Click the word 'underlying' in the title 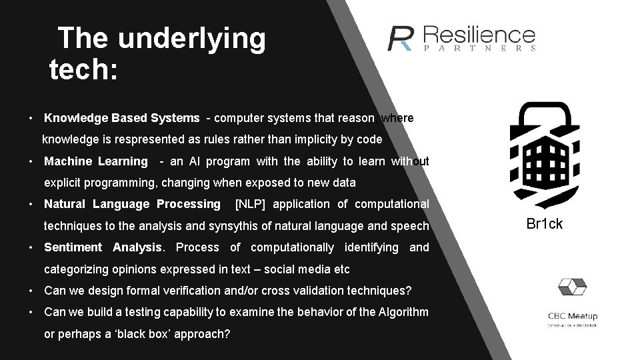192,39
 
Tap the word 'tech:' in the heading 83,69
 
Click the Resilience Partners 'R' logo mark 402,39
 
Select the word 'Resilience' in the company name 479,35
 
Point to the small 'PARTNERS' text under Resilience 479,49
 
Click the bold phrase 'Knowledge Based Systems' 121,118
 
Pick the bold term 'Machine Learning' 95,161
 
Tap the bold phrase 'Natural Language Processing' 131,204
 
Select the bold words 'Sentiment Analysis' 103,247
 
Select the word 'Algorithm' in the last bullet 405,312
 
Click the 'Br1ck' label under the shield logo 544,224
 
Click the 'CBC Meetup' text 573,316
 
